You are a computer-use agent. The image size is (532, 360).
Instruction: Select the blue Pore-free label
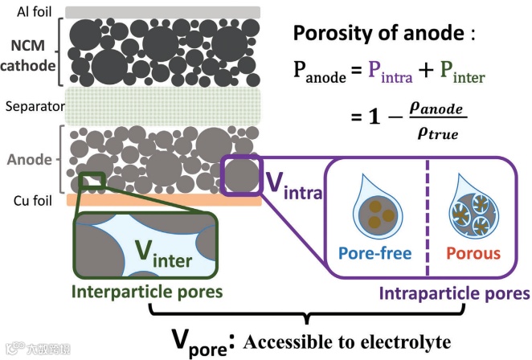click(x=375, y=254)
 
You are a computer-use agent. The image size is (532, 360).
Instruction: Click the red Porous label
click(x=473, y=254)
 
